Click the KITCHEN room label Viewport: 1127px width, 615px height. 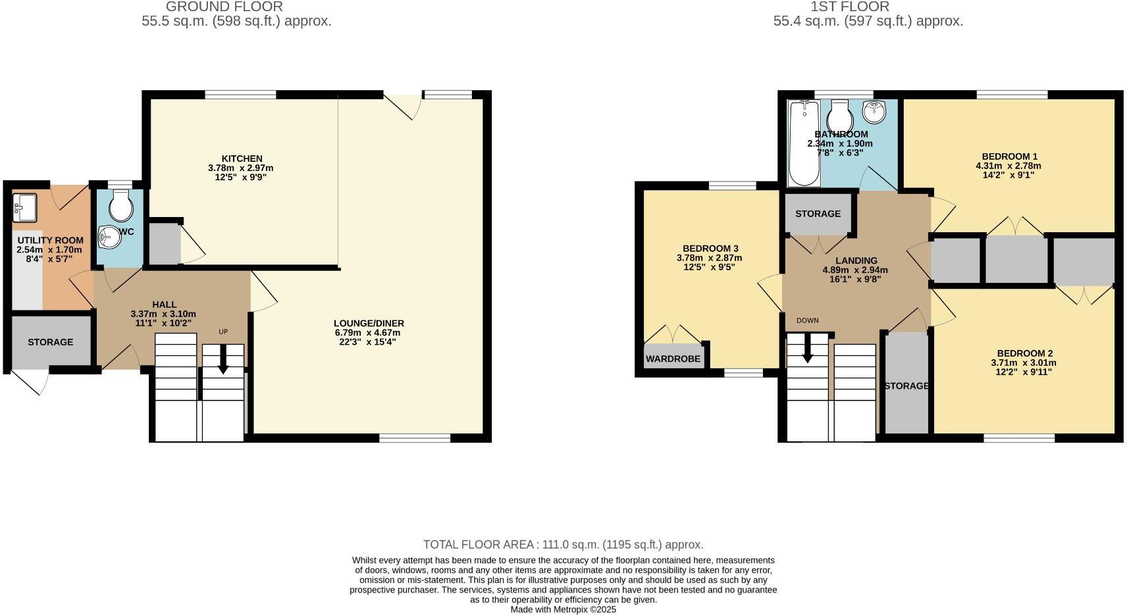pyautogui.click(x=242, y=159)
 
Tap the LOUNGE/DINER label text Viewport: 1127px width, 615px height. pyautogui.click(x=369, y=323)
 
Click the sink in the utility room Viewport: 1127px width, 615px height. pyautogui.click(x=24, y=208)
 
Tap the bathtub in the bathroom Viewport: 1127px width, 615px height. pyautogui.click(x=804, y=143)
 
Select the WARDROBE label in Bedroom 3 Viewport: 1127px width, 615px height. pyautogui.click(x=673, y=358)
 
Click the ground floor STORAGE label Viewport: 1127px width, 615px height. pyautogui.click(x=51, y=342)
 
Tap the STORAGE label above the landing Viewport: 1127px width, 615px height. pyautogui.click(x=818, y=214)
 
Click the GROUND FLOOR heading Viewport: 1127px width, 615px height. pyautogui.click(x=224, y=7)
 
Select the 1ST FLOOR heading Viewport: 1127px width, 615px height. pyautogui.click(x=850, y=7)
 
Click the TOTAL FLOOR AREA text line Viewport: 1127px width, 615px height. pyautogui.click(x=563, y=545)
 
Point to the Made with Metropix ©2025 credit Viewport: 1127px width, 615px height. pyautogui.click(x=563, y=610)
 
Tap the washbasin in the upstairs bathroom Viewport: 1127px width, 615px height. pyautogui.click(x=876, y=112)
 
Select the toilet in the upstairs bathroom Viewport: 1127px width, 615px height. pyautogui.click(x=840, y=116)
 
